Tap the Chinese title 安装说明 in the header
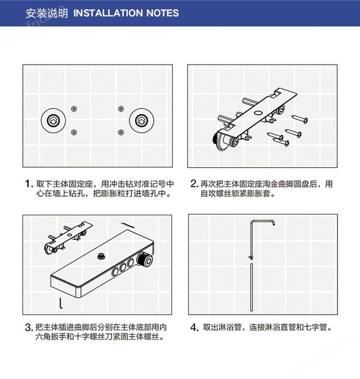47,13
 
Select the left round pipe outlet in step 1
53,121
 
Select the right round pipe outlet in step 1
141,121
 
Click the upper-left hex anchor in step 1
74,109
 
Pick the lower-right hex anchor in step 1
121,132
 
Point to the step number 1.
29,183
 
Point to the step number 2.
194,183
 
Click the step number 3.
28,328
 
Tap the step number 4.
194,328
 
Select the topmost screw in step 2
300,119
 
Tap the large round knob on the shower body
144,259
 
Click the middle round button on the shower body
123,267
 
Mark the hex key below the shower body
61,304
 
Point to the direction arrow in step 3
128,225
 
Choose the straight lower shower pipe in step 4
252,287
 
